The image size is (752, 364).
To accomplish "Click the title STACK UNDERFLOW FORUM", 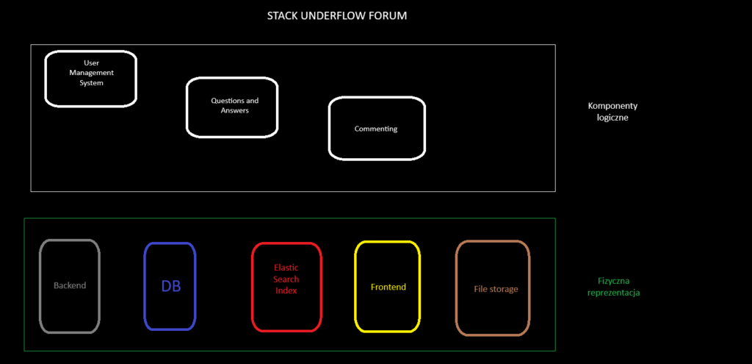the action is (336, 16).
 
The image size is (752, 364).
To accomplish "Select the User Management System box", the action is (90, 78).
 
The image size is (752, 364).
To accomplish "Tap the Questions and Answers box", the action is (232, 107).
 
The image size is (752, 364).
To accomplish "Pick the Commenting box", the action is (377, 128).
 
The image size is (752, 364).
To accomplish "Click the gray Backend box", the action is (70, 286).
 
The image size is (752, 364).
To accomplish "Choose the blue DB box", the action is (170, 286).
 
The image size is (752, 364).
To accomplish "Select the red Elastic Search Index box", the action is (286, 287).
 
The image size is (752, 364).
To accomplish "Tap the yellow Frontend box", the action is (388, 287).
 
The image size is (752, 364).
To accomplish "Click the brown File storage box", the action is (493, 288).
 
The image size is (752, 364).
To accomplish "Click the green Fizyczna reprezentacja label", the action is (613, 287).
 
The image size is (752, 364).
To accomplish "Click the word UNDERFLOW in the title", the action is (334, 16).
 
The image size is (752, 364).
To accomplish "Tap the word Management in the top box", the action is (92, 73).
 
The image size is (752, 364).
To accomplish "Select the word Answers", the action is (234, 110).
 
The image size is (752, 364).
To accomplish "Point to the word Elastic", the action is (286, 268).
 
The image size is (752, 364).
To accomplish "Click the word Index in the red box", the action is (286, 290).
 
